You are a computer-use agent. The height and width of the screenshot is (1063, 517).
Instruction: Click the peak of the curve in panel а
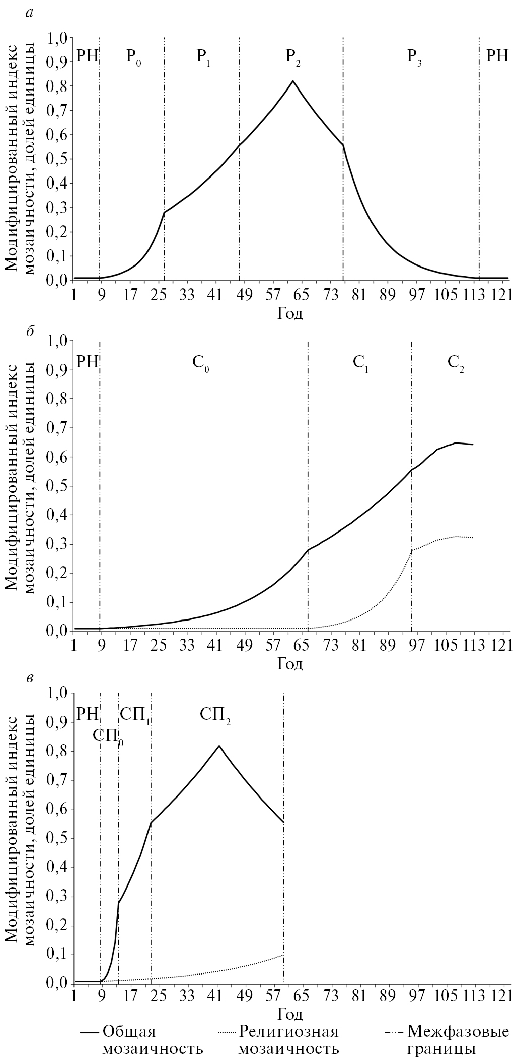pos(292,81)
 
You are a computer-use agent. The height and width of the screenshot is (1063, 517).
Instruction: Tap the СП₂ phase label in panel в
pos(215,715)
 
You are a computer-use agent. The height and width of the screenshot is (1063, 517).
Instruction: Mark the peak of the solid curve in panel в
pos(219,746)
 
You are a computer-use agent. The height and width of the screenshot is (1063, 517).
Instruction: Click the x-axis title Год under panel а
pos(290,314)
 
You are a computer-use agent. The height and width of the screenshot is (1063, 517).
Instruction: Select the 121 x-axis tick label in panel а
pos(500,296)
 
